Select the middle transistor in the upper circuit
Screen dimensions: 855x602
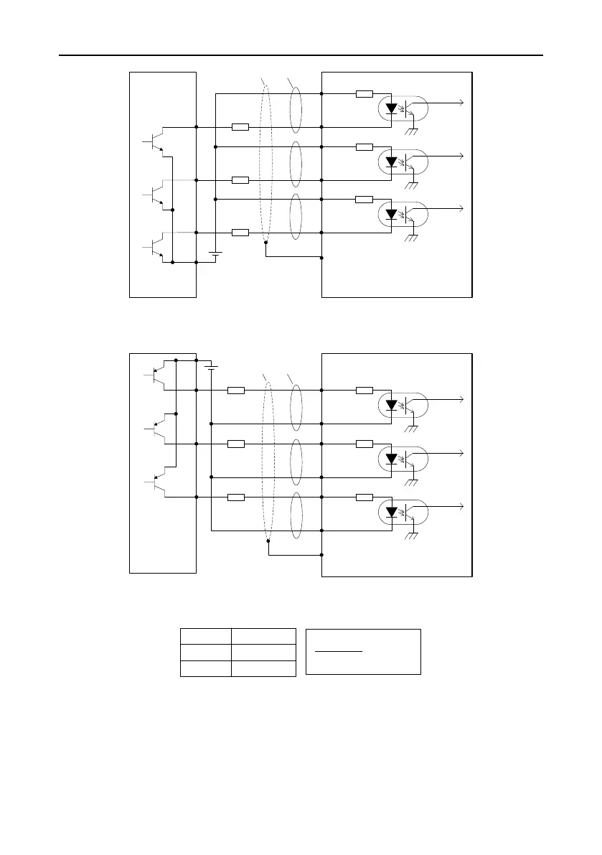(x=157, y=193)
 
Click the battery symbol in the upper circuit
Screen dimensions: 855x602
(x=215, y=254)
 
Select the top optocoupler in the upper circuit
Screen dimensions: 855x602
(x=402, y=110)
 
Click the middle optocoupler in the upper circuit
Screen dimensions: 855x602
(x=402, y=162)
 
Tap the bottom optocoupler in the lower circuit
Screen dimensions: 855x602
(x=402, y=513)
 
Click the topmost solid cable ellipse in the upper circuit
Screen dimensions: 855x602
(x=295, y=110)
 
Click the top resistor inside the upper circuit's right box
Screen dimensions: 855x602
(x=365, y=93)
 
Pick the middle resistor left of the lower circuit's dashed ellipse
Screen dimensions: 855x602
(x=235, y=444)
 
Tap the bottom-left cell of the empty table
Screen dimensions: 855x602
(x=204, y=668)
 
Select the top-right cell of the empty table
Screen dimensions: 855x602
(x=263, y=636)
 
